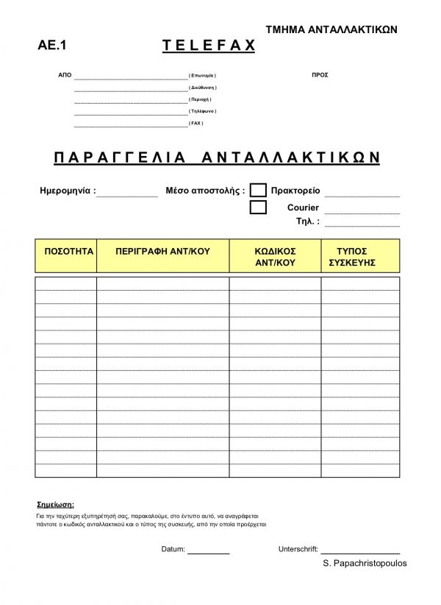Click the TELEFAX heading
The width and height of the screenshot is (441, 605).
208,46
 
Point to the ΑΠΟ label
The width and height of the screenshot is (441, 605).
64,76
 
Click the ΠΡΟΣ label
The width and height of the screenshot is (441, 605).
320,76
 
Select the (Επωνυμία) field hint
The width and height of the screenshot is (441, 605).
203,76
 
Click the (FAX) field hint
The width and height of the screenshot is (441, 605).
196,123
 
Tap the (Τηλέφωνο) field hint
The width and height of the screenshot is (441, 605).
202,111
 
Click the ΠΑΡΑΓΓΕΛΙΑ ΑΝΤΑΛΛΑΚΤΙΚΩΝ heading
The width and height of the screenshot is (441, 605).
217,158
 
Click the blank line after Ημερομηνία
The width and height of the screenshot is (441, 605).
126,194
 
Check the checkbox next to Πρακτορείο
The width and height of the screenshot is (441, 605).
258,191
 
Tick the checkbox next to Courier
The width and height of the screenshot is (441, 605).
258,208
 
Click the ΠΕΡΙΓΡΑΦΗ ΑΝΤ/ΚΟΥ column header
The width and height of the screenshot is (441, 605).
163,251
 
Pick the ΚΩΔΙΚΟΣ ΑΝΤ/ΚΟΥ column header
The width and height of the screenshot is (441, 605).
275,256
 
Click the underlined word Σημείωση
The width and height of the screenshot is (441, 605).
56,506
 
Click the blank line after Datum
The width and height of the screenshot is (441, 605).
209,551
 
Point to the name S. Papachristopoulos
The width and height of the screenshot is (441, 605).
364,563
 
